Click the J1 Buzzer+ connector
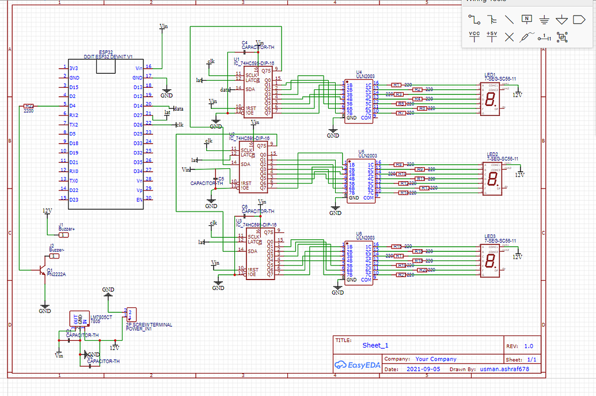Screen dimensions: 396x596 coord(63,235)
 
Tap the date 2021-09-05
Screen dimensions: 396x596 coord(424,369)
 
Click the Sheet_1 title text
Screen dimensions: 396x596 coord(375,345)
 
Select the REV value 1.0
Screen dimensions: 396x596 coord(528,346)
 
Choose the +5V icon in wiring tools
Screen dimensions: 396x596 coord(492,36)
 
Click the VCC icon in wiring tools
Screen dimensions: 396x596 coord(474,36)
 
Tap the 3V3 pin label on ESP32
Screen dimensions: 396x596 coord(74,68)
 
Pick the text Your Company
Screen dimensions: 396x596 coord(435,359)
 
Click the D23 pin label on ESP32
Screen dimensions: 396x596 coord(74,199)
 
